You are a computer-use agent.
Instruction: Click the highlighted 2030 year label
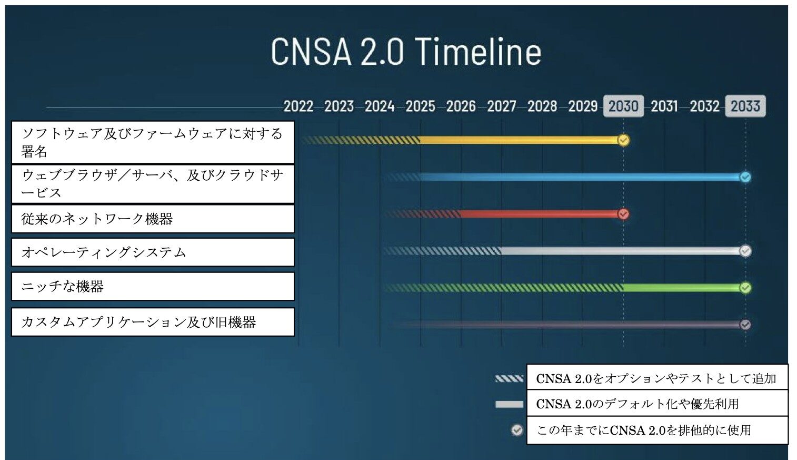623,106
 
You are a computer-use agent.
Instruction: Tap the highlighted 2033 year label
745,106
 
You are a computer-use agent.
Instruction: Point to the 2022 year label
298,106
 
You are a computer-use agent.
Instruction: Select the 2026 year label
461,106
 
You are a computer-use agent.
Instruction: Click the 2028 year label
542,106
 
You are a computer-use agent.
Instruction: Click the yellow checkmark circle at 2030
623,140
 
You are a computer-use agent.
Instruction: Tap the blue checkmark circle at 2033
745,177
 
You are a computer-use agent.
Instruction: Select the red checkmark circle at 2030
623,214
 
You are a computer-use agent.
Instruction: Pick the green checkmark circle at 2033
745,288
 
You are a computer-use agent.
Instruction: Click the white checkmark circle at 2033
745,251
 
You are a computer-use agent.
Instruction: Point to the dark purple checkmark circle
745,325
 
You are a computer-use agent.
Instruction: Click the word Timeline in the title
478,52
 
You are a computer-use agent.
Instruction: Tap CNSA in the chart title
311,52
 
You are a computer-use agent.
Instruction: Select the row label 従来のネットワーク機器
97,219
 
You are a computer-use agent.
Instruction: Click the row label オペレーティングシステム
104,252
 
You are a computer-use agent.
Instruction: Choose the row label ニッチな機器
62,286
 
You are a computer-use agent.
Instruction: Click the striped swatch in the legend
509,378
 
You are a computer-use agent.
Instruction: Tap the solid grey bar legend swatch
509,405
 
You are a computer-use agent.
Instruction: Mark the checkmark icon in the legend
517,430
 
